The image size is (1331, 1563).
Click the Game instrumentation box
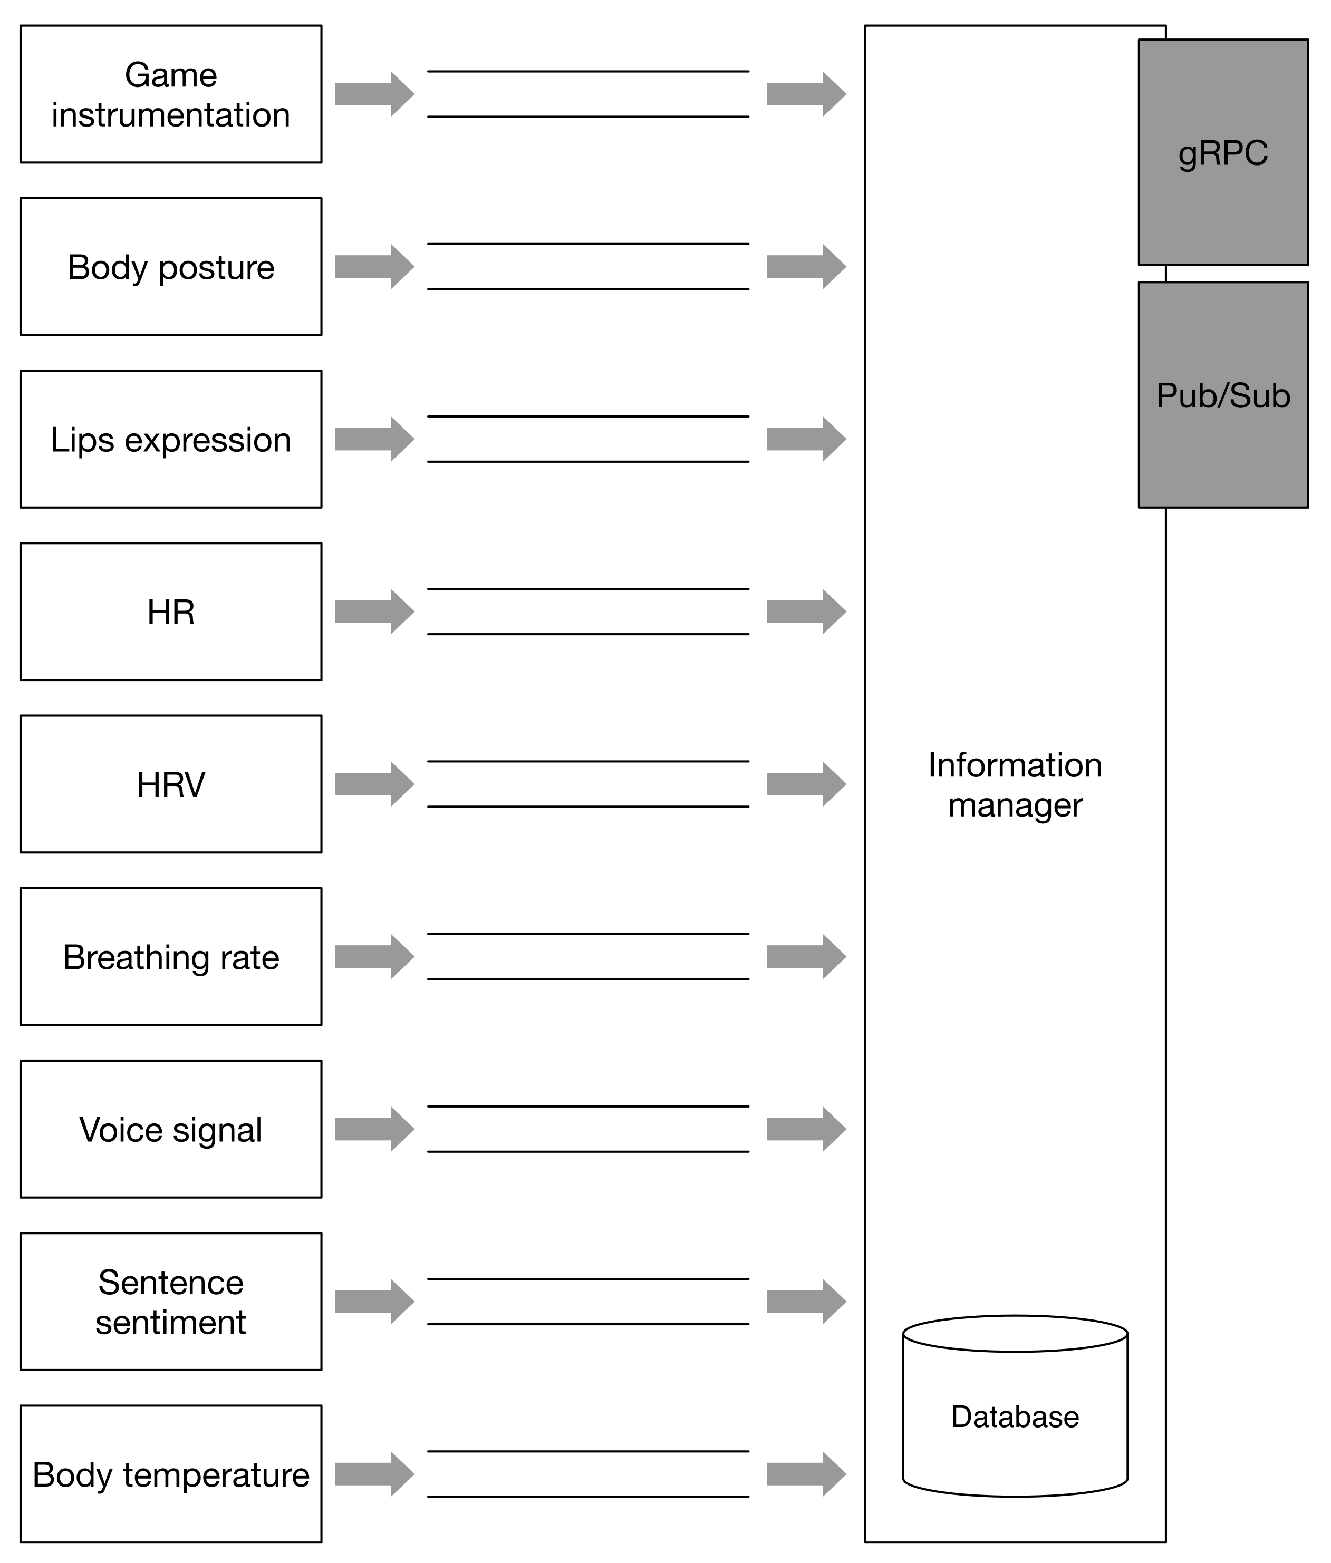click(170, 94)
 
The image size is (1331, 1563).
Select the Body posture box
click(170, 267)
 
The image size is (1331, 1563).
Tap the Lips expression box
click(170, 439)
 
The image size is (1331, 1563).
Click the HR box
click(170, 612)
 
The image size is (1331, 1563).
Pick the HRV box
click(170, 784)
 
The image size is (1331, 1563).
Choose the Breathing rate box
click(170, 956)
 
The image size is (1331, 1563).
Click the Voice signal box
click(170, 1129)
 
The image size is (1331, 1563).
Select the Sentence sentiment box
click(170, 1302)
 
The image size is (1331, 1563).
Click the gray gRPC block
click(1222, 152)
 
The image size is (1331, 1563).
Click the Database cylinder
click(1015, 1416)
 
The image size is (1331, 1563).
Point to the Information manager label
click(1015, 784)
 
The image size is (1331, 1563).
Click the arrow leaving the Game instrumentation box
click(374, 94)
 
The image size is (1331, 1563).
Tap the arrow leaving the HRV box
click(374, 784)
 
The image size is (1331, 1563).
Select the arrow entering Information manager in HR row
click(806, 612)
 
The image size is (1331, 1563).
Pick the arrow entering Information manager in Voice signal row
click(806, 1129)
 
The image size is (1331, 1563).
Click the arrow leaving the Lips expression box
click(374, 439)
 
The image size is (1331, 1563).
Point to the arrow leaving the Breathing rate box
click(374, 956)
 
